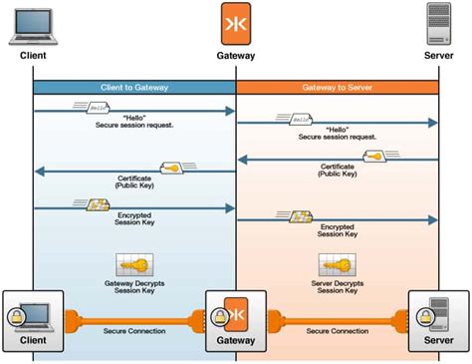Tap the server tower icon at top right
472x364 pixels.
click(438, 24)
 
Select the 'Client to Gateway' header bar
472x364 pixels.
click(134, 88)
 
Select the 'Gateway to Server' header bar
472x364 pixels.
click(337, 88)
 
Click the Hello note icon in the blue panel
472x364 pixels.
click(89, 106)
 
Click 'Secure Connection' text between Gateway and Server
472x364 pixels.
click(337, 331)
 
